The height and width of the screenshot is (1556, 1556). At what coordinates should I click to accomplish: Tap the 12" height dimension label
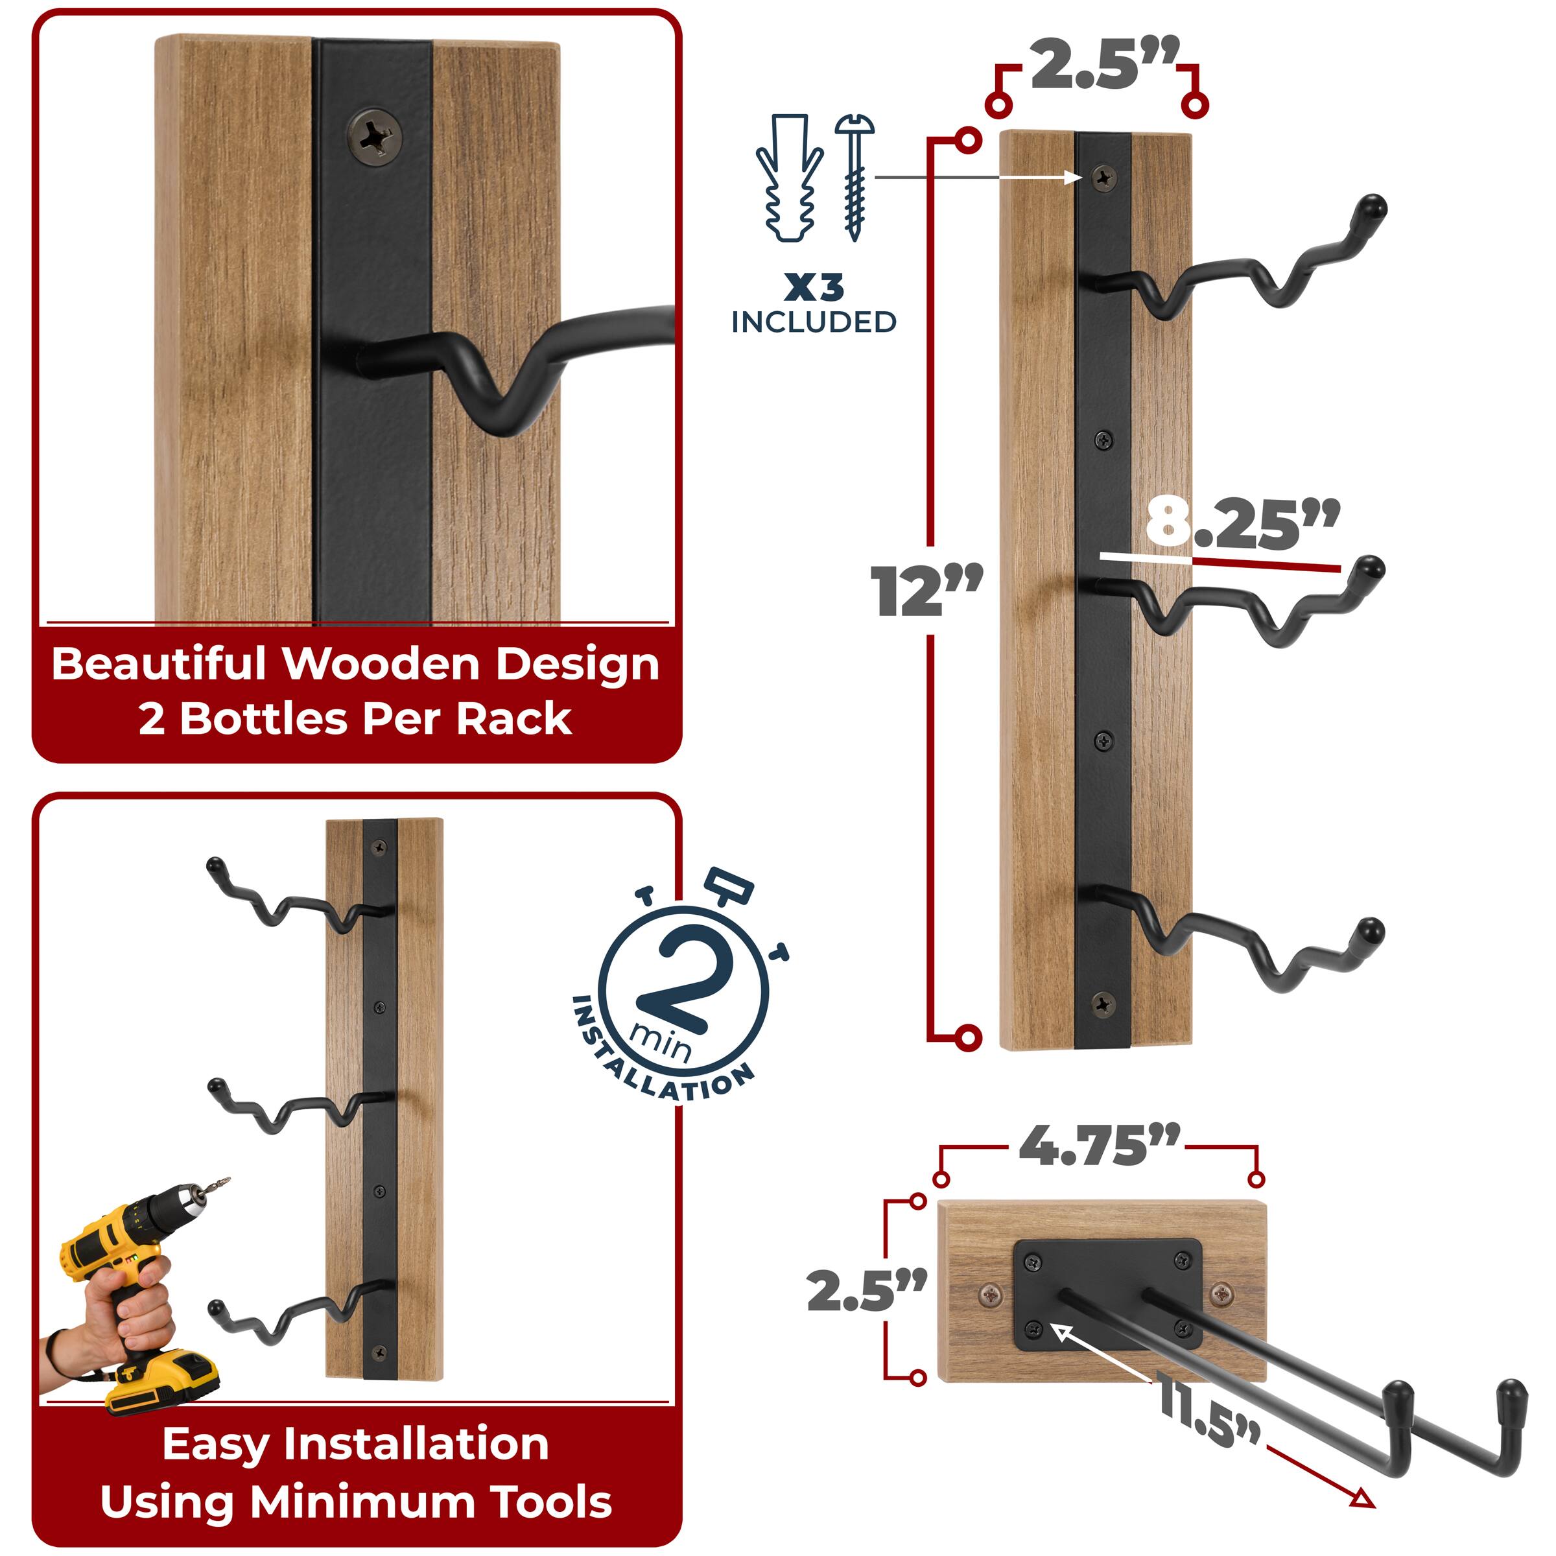pyautogui.click(x=926, y=592)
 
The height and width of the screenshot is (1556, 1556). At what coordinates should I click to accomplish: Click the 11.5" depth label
pyautogui.click(x=1208, y=1406)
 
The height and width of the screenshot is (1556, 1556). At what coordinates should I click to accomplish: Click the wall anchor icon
pyautogui.click(x=788, y=179)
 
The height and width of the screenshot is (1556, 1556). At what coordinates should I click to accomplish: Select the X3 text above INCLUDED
pyautogui.click(x=814, y=287)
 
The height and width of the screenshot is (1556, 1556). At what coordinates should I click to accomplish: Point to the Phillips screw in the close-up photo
pyautogui.click(x=375, y=137)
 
